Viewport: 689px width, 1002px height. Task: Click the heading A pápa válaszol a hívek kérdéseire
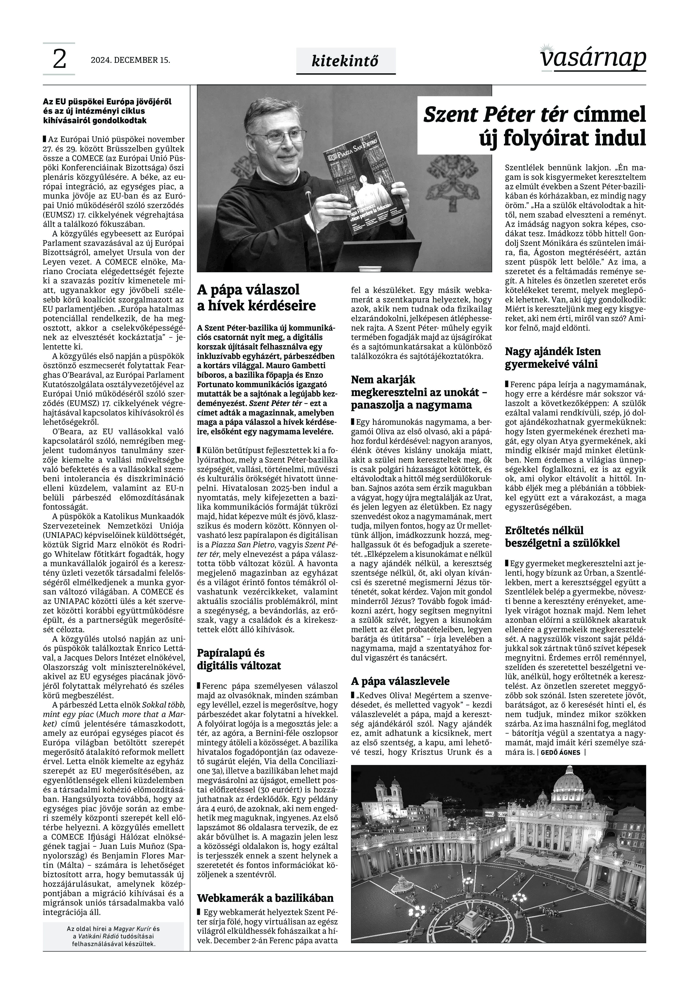pyautogui.click(x=256, y=298)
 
